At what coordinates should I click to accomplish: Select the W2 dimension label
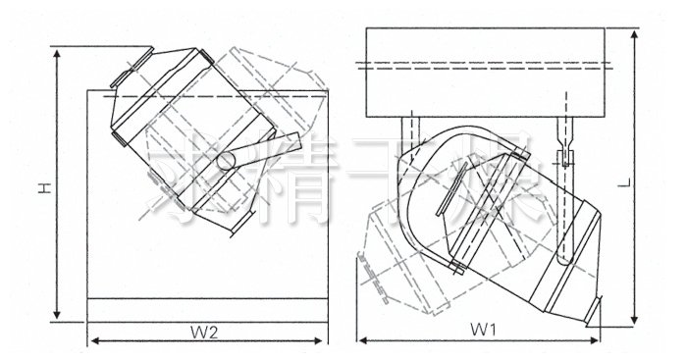tap(204, 331)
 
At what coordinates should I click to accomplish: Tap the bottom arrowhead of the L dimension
tap(638, 321)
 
